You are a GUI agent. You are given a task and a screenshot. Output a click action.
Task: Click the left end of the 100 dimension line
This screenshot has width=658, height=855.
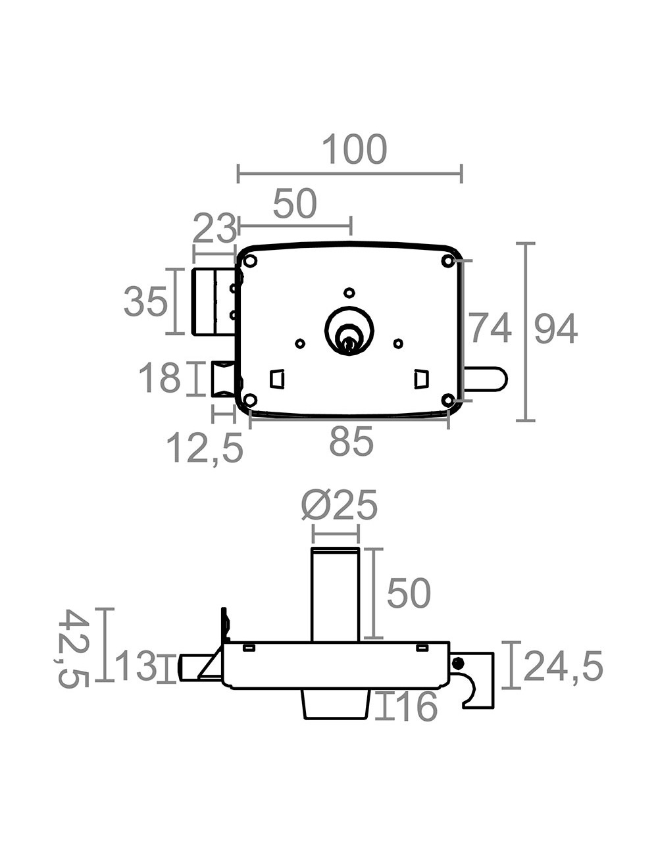click(238, 174)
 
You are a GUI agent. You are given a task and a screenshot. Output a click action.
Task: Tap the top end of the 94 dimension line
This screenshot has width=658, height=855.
click(525, 243)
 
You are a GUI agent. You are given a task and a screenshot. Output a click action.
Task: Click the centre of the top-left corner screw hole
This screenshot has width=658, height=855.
click(250, 261)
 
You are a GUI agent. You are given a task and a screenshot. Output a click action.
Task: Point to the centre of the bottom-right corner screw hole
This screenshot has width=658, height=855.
click(448, 400)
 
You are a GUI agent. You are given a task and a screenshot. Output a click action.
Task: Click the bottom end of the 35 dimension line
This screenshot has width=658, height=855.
click(175, 333)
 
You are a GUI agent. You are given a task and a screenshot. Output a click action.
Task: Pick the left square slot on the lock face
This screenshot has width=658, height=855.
click(277, 379)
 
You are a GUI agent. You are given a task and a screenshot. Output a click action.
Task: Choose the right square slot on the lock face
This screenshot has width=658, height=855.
click(422, 379)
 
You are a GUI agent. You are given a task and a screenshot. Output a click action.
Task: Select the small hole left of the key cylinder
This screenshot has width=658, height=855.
click(300, 343)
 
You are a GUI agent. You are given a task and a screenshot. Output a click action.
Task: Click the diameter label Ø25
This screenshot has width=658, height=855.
click(340, 505)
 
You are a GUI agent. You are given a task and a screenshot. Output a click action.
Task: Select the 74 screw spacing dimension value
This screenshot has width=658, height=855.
click(491, 328)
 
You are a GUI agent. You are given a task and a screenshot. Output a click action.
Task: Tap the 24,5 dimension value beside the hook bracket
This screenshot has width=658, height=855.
click(563, 666)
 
